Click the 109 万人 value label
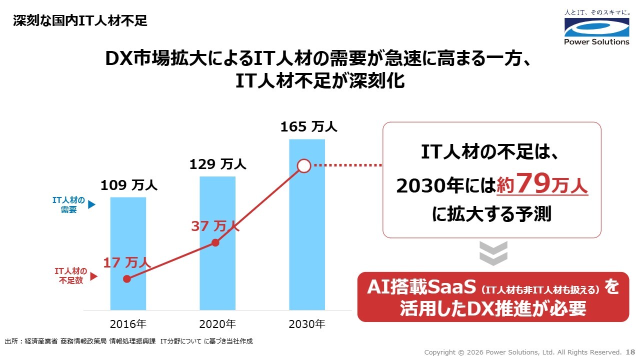point(129,185)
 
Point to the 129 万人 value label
point(217,164)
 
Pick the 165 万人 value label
point(308,127)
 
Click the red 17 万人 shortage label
point(127,262)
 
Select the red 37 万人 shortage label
point(215,226)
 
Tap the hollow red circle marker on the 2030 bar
point(304,165)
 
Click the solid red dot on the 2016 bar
point(127,279)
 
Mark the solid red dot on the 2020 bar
point(215,242)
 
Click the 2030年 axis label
point(307,324)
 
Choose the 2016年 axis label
point(128,324)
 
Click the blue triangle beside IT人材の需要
point(91,205)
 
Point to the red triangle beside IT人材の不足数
point(92,276)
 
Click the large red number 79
point(534,184)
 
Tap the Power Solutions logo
point(596,31)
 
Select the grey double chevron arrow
point(493,253)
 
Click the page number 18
point(630,352)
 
